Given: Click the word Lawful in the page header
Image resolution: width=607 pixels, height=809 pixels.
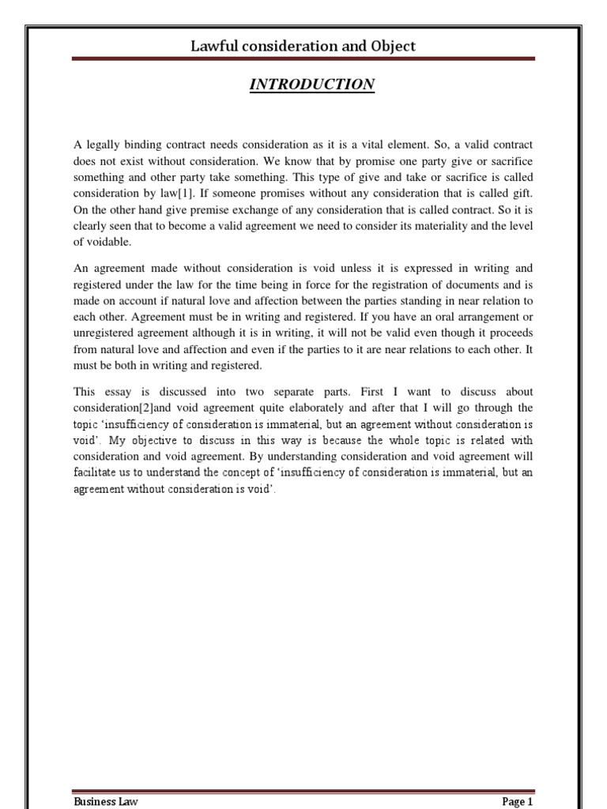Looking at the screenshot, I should pos(214,46).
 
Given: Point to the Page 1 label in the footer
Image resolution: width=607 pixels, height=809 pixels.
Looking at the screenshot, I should pos(518,802).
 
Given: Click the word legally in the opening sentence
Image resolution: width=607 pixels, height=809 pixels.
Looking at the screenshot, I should pos(105,145).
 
